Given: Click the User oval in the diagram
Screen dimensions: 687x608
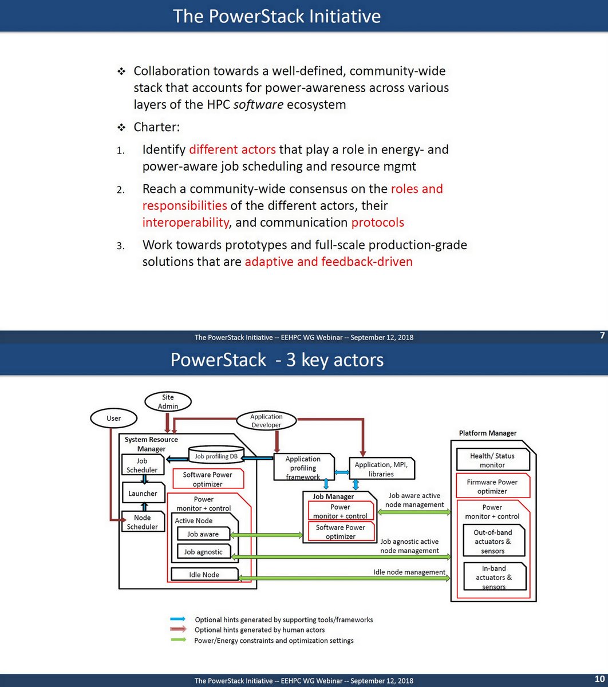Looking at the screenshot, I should (114, 418).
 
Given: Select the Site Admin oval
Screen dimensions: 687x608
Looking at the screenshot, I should (168, 401).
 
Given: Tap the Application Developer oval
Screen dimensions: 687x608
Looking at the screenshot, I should (266, 421).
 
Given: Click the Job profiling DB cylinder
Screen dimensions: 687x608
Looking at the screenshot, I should (216, 456).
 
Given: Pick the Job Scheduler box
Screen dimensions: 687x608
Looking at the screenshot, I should (142, 465).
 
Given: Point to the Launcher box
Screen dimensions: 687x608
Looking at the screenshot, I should (143, 493).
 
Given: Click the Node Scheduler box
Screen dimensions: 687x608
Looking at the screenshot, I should (142, 522).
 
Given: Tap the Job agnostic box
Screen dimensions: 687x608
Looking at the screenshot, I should (203, 552).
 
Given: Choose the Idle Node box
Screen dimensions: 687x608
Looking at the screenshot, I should (204, 574).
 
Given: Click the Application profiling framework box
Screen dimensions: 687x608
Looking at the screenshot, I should (303, 468).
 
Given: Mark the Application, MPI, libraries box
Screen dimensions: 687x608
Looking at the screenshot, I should (381, 469).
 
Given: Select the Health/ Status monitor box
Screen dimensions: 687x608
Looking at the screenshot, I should (492, 460).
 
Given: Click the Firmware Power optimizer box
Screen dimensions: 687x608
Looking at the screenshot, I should (492, 486).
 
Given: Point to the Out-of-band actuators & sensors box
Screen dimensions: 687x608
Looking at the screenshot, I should (493, 541).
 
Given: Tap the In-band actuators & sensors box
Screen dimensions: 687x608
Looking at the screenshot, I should (493, 577).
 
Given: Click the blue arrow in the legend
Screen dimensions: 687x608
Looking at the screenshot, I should (178, 619).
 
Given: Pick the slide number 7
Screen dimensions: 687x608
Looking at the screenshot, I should (602, 335).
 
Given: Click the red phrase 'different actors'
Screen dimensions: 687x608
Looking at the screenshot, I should (232, 150).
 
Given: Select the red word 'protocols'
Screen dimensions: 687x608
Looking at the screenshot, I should (378, 222).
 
